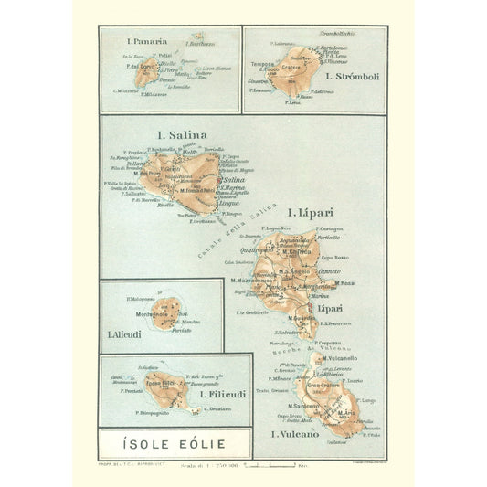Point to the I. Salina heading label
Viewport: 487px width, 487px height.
pos(181,136)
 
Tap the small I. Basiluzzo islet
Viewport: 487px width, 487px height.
pos(197,39)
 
